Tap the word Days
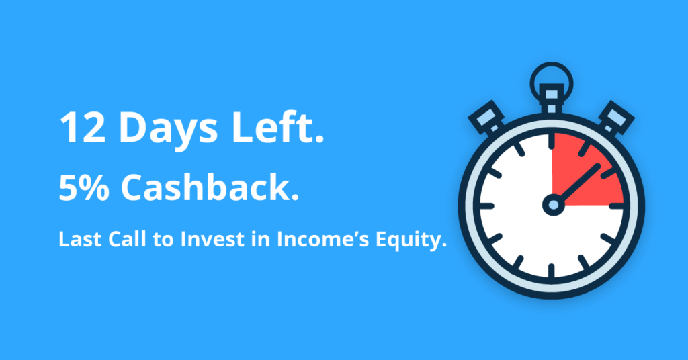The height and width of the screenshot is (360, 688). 169,131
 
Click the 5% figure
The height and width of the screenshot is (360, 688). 84,187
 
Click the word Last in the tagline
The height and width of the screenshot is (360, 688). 81,239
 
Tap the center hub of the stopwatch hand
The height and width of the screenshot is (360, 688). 554,205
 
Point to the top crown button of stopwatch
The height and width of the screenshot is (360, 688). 552,99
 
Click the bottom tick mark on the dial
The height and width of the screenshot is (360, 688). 552,270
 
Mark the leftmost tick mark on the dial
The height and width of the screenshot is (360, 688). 487,206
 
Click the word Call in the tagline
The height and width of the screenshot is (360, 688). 127,239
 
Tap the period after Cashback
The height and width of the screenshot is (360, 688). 294,197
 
